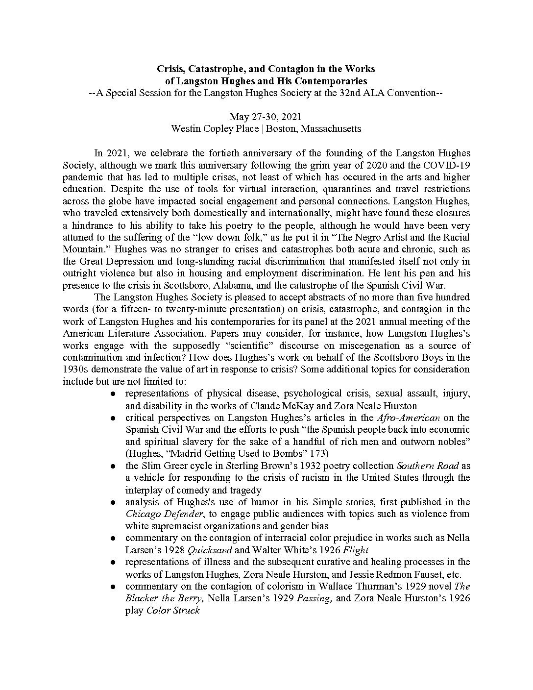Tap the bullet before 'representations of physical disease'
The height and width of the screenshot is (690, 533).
[113, 394]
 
